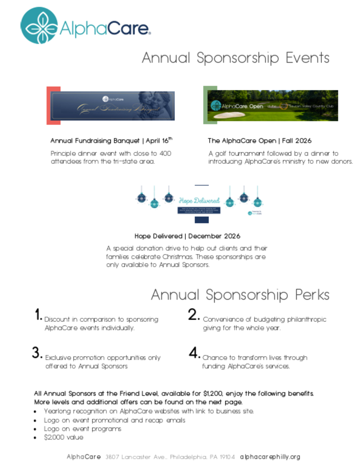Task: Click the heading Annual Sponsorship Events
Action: (235, 58)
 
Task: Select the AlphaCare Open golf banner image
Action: (272, 106)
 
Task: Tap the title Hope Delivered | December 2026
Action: (187, 236)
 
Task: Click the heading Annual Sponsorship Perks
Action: (240, 295)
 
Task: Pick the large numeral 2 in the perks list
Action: (193, 314)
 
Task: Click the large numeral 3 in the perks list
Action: (36, 353)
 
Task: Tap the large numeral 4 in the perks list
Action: (194, 353)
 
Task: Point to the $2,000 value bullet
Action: (64, 438)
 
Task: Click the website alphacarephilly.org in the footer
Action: (270, 457)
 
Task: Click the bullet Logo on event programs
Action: (83, 429)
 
